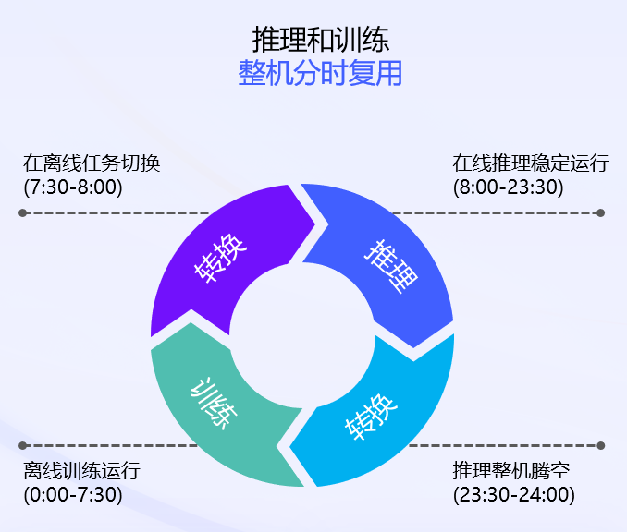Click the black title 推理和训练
320,39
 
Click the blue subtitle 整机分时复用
320,73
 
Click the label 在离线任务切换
92,163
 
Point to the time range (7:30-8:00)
73,187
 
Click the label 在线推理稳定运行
530,163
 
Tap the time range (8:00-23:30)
508,187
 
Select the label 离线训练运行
81,471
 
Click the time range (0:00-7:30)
73,494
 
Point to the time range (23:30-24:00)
513,494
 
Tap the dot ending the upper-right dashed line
601,213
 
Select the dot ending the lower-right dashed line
601,445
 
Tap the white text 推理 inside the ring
389,267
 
